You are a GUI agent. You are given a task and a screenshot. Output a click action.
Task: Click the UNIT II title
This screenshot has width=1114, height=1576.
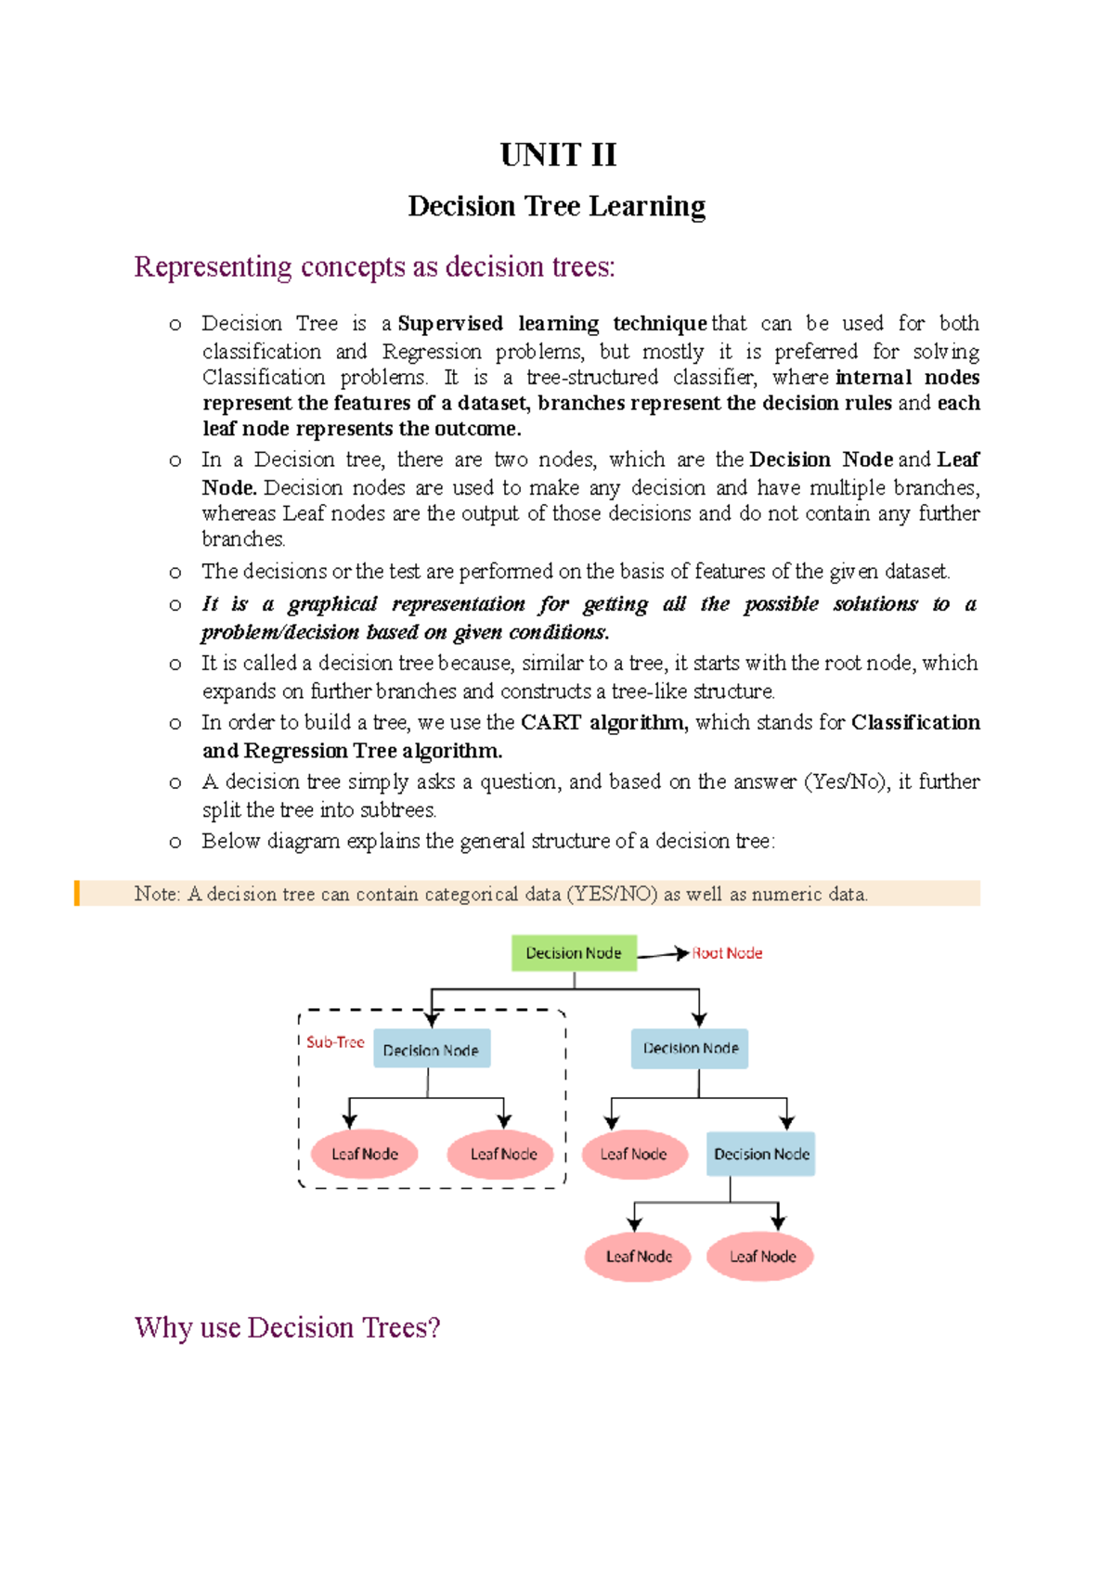pyautogui.click(x=558, y=154)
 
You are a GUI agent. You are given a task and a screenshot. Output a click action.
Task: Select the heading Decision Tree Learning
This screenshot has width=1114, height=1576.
pyautogui.click(x=557, y=206)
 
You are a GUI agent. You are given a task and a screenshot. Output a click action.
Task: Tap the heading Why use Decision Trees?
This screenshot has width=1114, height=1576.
pyautogui.click(x=287, y=1327)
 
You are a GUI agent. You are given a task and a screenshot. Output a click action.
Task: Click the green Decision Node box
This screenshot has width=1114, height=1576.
pyautogui.click(x=574, y=953)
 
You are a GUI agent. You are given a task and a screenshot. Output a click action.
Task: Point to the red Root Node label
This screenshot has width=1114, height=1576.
pyautogui.click(x=727, y=953)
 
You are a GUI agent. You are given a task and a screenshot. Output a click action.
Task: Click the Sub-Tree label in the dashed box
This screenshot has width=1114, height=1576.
pyautogui.click(x=335, y=1042)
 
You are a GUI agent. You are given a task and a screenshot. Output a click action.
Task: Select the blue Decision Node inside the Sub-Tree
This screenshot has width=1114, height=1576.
pyautogui.click(x=431, y=1050)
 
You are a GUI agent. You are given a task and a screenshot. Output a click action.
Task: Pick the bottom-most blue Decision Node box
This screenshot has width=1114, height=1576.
pyautogui.click(x=761, y=1154)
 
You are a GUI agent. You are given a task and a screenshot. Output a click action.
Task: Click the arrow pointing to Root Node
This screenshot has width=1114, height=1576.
pyautogui.click(x=663, y=954)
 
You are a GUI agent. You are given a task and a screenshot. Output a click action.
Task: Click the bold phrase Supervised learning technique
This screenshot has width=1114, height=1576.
pyautogui.click(x=552, y=323)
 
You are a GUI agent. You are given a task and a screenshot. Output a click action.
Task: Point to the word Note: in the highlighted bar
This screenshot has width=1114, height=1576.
pyautogui.click(x=157, y=894)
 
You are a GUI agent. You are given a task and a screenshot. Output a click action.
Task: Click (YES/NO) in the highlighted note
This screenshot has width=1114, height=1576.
pyautogui.click(x=612, y=894)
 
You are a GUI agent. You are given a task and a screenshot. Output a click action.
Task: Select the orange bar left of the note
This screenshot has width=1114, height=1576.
pyautogui.click(x=77, y=893)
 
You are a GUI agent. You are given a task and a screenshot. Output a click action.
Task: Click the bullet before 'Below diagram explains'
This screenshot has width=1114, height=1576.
pyautogui.click(x=175, y=842)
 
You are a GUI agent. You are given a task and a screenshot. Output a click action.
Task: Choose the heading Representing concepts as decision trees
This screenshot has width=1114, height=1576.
pyautogui.click(x=374, y=267)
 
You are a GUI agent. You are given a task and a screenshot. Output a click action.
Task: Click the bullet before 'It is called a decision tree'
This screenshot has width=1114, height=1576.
pyautogui.click(x=175, y=664)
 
